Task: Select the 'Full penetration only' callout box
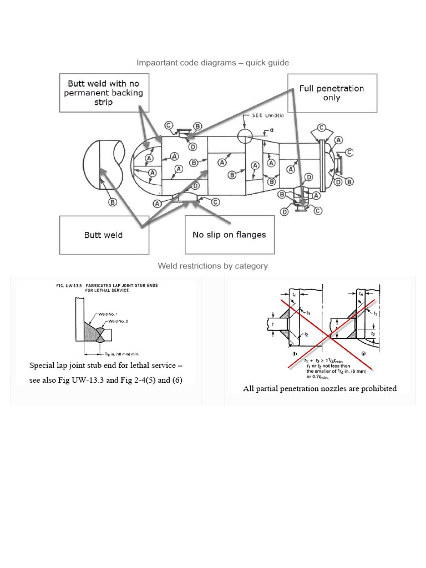pos(332,93)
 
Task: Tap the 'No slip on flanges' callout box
pos(229,235)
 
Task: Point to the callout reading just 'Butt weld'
pos(104,235)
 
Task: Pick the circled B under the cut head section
pos(113,202)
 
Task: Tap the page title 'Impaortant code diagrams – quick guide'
pos(213,63)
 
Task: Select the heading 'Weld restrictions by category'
pos(213,266)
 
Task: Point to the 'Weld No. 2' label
pos(119,321)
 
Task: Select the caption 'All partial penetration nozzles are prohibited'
pos(320,388)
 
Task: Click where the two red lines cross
pos(318,332)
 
